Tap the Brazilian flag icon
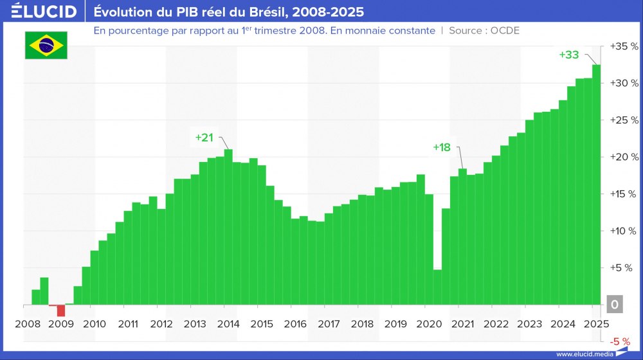(46, 45)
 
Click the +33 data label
(569, 55)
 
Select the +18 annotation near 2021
(442, 147)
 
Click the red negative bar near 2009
(61, 310)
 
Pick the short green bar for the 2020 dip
(437, 287)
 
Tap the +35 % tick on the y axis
(624, 47)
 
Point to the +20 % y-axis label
(624, 157)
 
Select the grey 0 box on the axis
(615, 305)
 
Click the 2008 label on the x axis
(27, 323)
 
